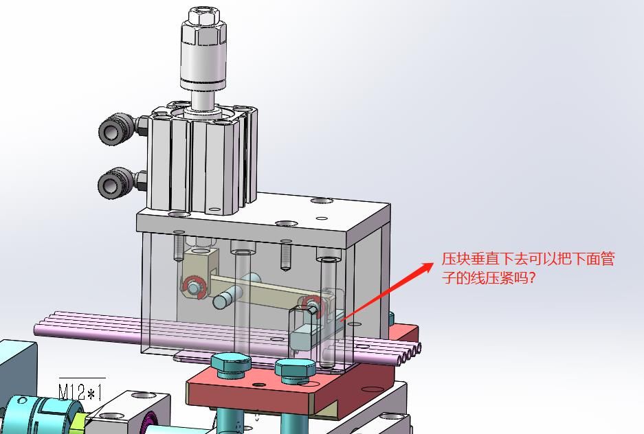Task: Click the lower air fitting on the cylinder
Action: pyautogui.click(x=122, y=183)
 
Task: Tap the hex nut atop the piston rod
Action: pyautogui.click(x=203, y=16)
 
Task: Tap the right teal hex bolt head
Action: pyautogui.click(x=296, y=369)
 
